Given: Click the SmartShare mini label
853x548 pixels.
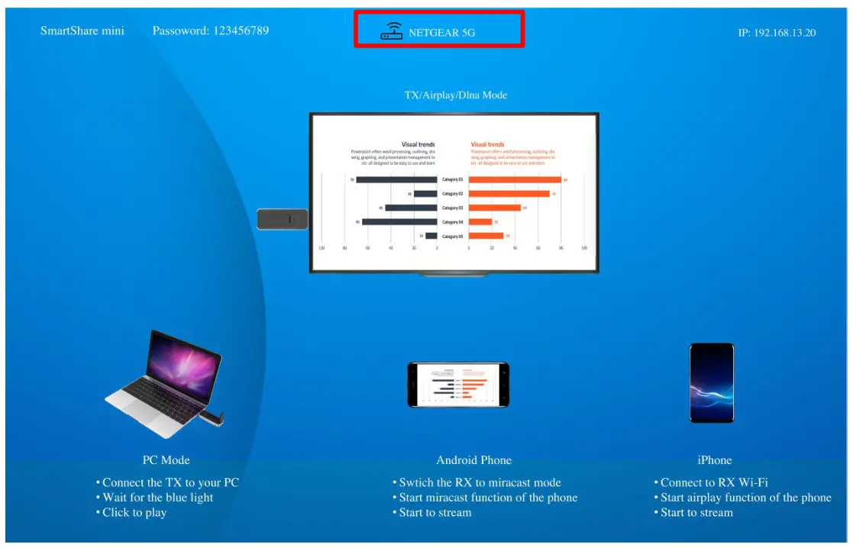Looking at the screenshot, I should click(82, 31).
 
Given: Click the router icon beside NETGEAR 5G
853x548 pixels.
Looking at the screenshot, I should click(392, 31).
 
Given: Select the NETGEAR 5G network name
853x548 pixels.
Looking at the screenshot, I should click(442, 33).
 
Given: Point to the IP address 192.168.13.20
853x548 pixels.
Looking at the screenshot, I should click(785, 33).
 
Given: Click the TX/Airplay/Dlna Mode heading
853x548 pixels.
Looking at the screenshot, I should click(455, 95).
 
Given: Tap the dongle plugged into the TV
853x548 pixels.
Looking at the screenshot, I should click(282, 219).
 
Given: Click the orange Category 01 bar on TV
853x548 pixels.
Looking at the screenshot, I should click(515, 180).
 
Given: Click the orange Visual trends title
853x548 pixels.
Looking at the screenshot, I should click(488, 144).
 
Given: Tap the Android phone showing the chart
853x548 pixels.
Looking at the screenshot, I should click(457, 384).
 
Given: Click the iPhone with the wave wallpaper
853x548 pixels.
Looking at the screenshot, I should click(711, 382).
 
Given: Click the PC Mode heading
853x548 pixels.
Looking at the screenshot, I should click(166, 460).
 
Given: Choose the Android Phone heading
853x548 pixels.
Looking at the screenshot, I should click(473, 460).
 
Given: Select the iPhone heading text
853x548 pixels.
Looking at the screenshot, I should click(714, 460).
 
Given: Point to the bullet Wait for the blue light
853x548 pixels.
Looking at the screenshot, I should click(157, 498).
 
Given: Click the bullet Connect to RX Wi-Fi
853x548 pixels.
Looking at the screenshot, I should click(714, 482).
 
